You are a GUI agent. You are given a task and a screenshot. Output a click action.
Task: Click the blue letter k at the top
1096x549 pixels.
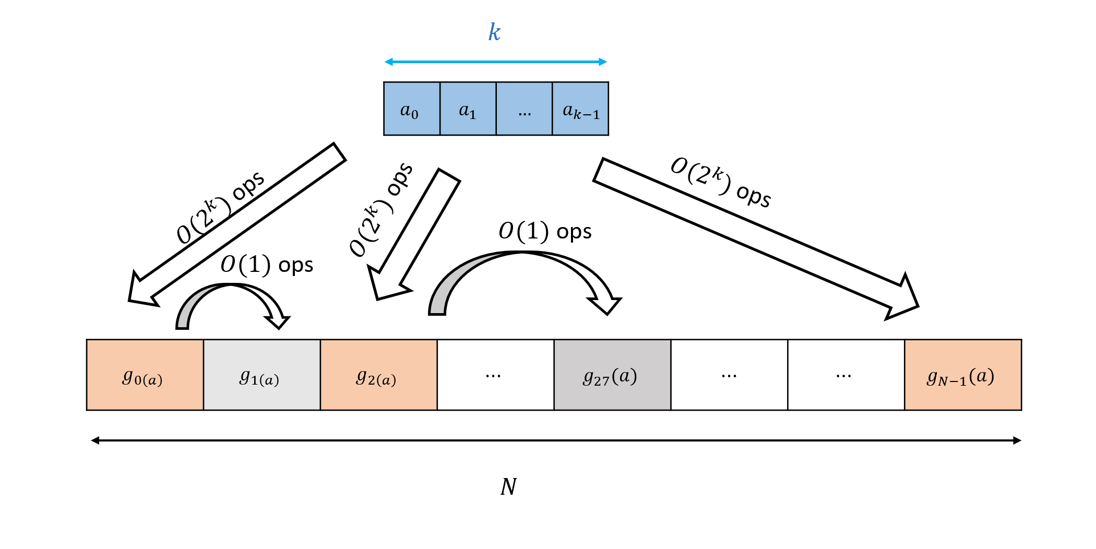[494, 32]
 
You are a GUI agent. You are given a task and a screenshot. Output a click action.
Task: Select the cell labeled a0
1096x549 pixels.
[411, 109]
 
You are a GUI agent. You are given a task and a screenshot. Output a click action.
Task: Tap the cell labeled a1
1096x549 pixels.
[468, 109]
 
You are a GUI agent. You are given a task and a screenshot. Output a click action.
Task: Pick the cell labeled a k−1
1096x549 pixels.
[580, 109]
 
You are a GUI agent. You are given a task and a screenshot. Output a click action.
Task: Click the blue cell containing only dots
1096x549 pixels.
[524, 109]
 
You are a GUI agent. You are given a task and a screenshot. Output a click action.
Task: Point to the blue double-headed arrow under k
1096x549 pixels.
[496, 62]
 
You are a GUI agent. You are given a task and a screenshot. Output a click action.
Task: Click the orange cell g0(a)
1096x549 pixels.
[145, 375]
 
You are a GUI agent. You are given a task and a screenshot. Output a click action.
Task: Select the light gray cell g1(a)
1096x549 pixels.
[261, 375]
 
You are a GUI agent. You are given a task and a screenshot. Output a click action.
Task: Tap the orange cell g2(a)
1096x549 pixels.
[378, 375]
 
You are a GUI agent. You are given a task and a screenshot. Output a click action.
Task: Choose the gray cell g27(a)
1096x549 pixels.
[612, 375]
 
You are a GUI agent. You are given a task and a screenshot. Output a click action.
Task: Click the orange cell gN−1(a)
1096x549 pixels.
[963, 375]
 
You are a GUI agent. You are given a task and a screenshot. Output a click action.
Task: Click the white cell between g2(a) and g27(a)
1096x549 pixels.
[495, 375]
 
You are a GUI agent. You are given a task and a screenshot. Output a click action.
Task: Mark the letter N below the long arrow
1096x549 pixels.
[508, 487]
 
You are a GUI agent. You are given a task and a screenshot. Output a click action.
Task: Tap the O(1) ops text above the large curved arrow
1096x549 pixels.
[545, 231]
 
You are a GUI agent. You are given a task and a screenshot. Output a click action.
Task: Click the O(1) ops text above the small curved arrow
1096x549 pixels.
[267, 265]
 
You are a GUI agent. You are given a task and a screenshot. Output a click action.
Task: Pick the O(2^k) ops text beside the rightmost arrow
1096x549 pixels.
[720, 183]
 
